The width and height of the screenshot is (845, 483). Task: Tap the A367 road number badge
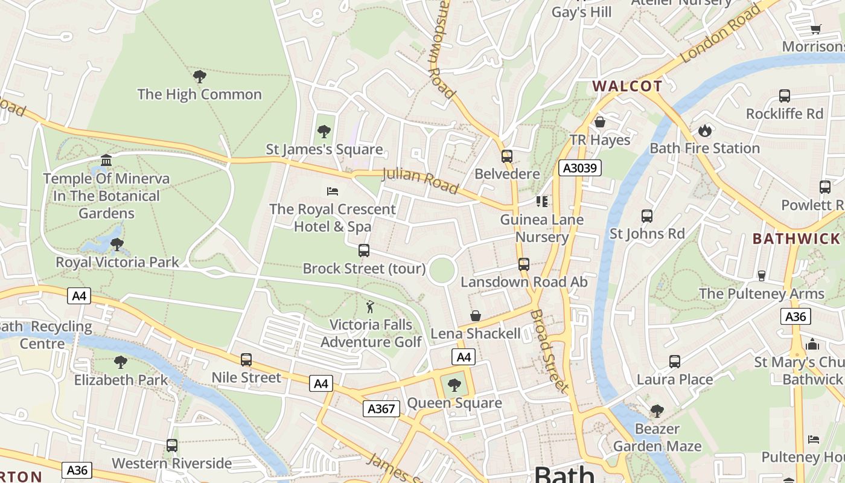(382, 409)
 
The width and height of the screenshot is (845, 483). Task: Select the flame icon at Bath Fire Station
(704, 130)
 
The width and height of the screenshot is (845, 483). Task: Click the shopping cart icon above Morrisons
(815, 29)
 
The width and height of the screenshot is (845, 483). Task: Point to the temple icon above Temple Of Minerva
(106, 160)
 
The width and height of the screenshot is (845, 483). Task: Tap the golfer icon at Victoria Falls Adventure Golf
(370, 307)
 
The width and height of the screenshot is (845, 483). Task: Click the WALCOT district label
(627, 86)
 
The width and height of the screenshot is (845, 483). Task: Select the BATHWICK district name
(796, 238)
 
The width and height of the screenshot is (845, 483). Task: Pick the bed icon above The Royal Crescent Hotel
(332, 191)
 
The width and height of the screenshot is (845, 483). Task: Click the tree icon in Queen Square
(454, 385)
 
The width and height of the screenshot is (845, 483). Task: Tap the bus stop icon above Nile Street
(246, 360)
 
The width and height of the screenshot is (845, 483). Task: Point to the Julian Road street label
(420, 181)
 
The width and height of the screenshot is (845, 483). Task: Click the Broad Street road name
(549, 350)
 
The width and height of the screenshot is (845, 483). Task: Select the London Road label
(721, 33)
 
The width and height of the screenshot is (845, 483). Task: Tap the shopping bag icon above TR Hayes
(599, 122)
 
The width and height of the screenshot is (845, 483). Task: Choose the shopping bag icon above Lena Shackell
(476, 316)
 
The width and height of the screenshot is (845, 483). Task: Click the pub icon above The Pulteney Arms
(761, 275)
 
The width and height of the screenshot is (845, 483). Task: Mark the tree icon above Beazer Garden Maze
(657, 411)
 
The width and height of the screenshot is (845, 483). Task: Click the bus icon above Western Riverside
(172, 446)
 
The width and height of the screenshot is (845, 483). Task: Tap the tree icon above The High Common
(199, 77)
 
